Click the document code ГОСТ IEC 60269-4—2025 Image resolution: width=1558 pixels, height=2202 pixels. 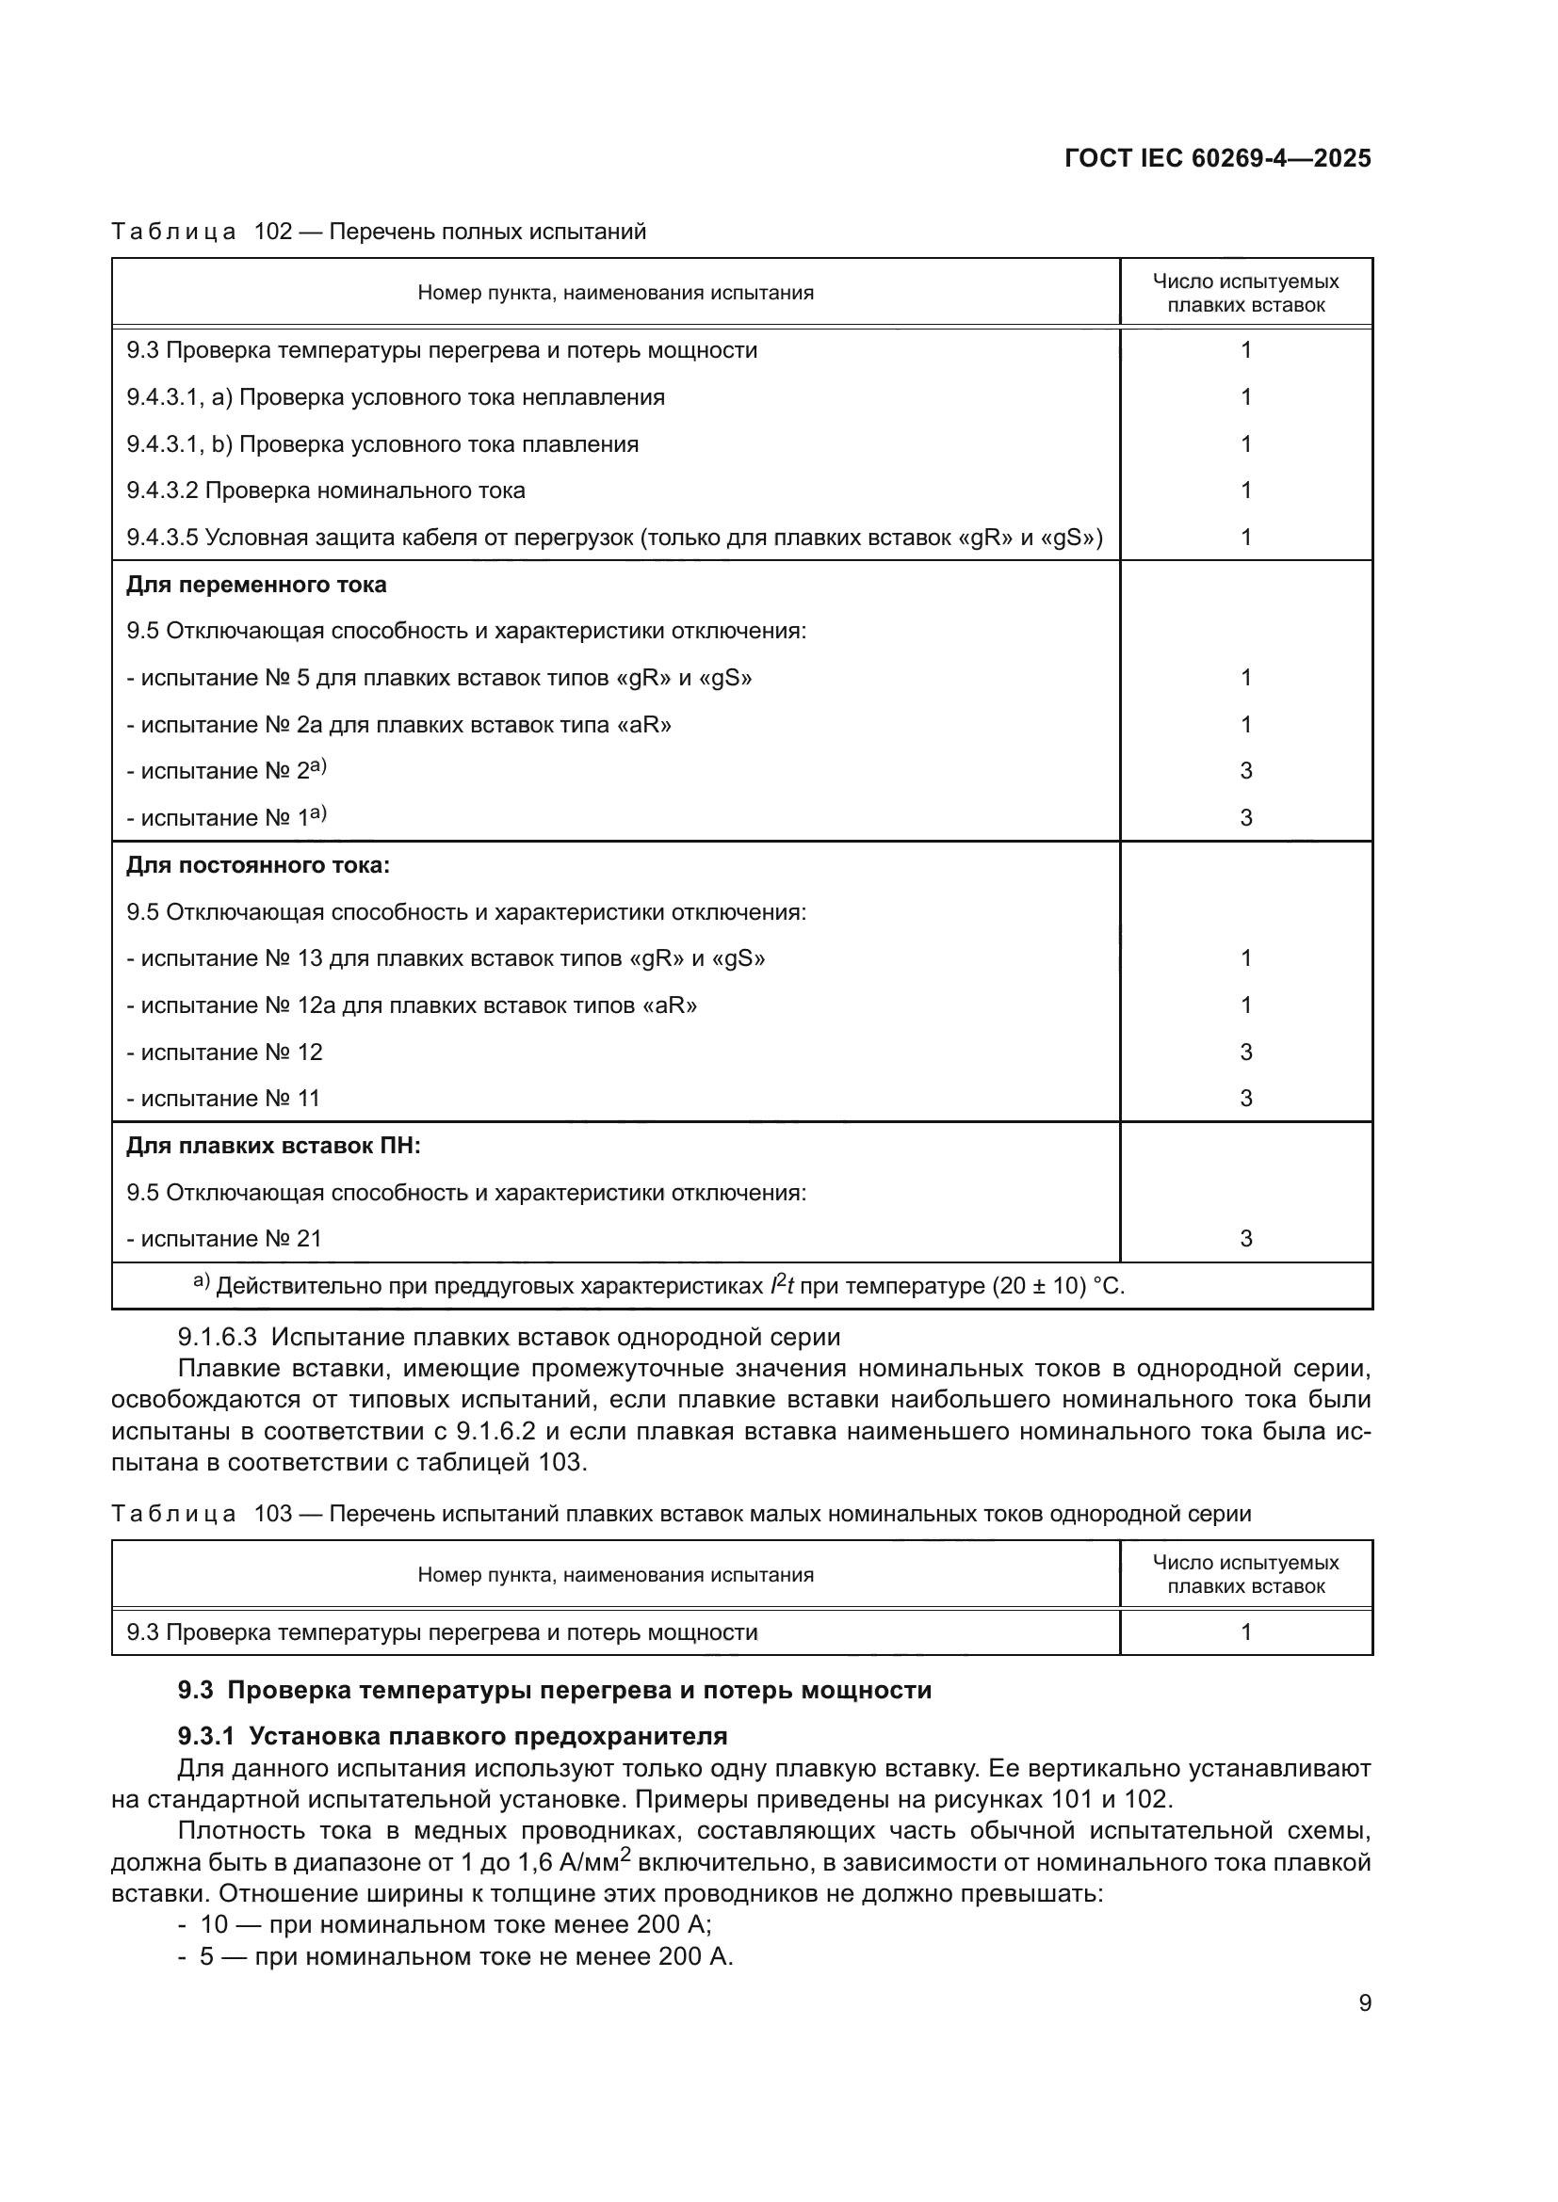coord(1217,159)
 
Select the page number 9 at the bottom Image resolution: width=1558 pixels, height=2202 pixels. coord(1364,2002)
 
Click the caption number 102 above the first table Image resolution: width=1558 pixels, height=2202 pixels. coord(272,232)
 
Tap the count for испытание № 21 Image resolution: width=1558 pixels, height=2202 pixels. coord(1245,1238)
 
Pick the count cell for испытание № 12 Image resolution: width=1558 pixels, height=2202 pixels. coord(1245,1053)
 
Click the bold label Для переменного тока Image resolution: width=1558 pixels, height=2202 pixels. coord(256,584)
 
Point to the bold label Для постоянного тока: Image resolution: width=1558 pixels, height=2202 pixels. coord(258,865)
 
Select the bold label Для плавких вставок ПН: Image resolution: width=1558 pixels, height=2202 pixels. coord(273,1145)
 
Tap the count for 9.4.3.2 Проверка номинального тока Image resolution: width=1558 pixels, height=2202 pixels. coord(1245,490)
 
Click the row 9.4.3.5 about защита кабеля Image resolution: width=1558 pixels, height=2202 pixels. coord(614,537)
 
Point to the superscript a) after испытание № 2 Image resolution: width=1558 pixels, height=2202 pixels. coord(318,766)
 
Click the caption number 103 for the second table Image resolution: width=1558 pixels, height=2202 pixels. coord(272,1514)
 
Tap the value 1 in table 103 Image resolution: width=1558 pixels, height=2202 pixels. coord(1245,1632)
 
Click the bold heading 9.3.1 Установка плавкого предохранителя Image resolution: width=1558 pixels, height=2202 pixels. coord(452,1736)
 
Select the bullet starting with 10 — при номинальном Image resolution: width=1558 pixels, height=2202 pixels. coord(455,1925)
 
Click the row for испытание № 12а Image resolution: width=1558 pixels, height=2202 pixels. coord(412,1005)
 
